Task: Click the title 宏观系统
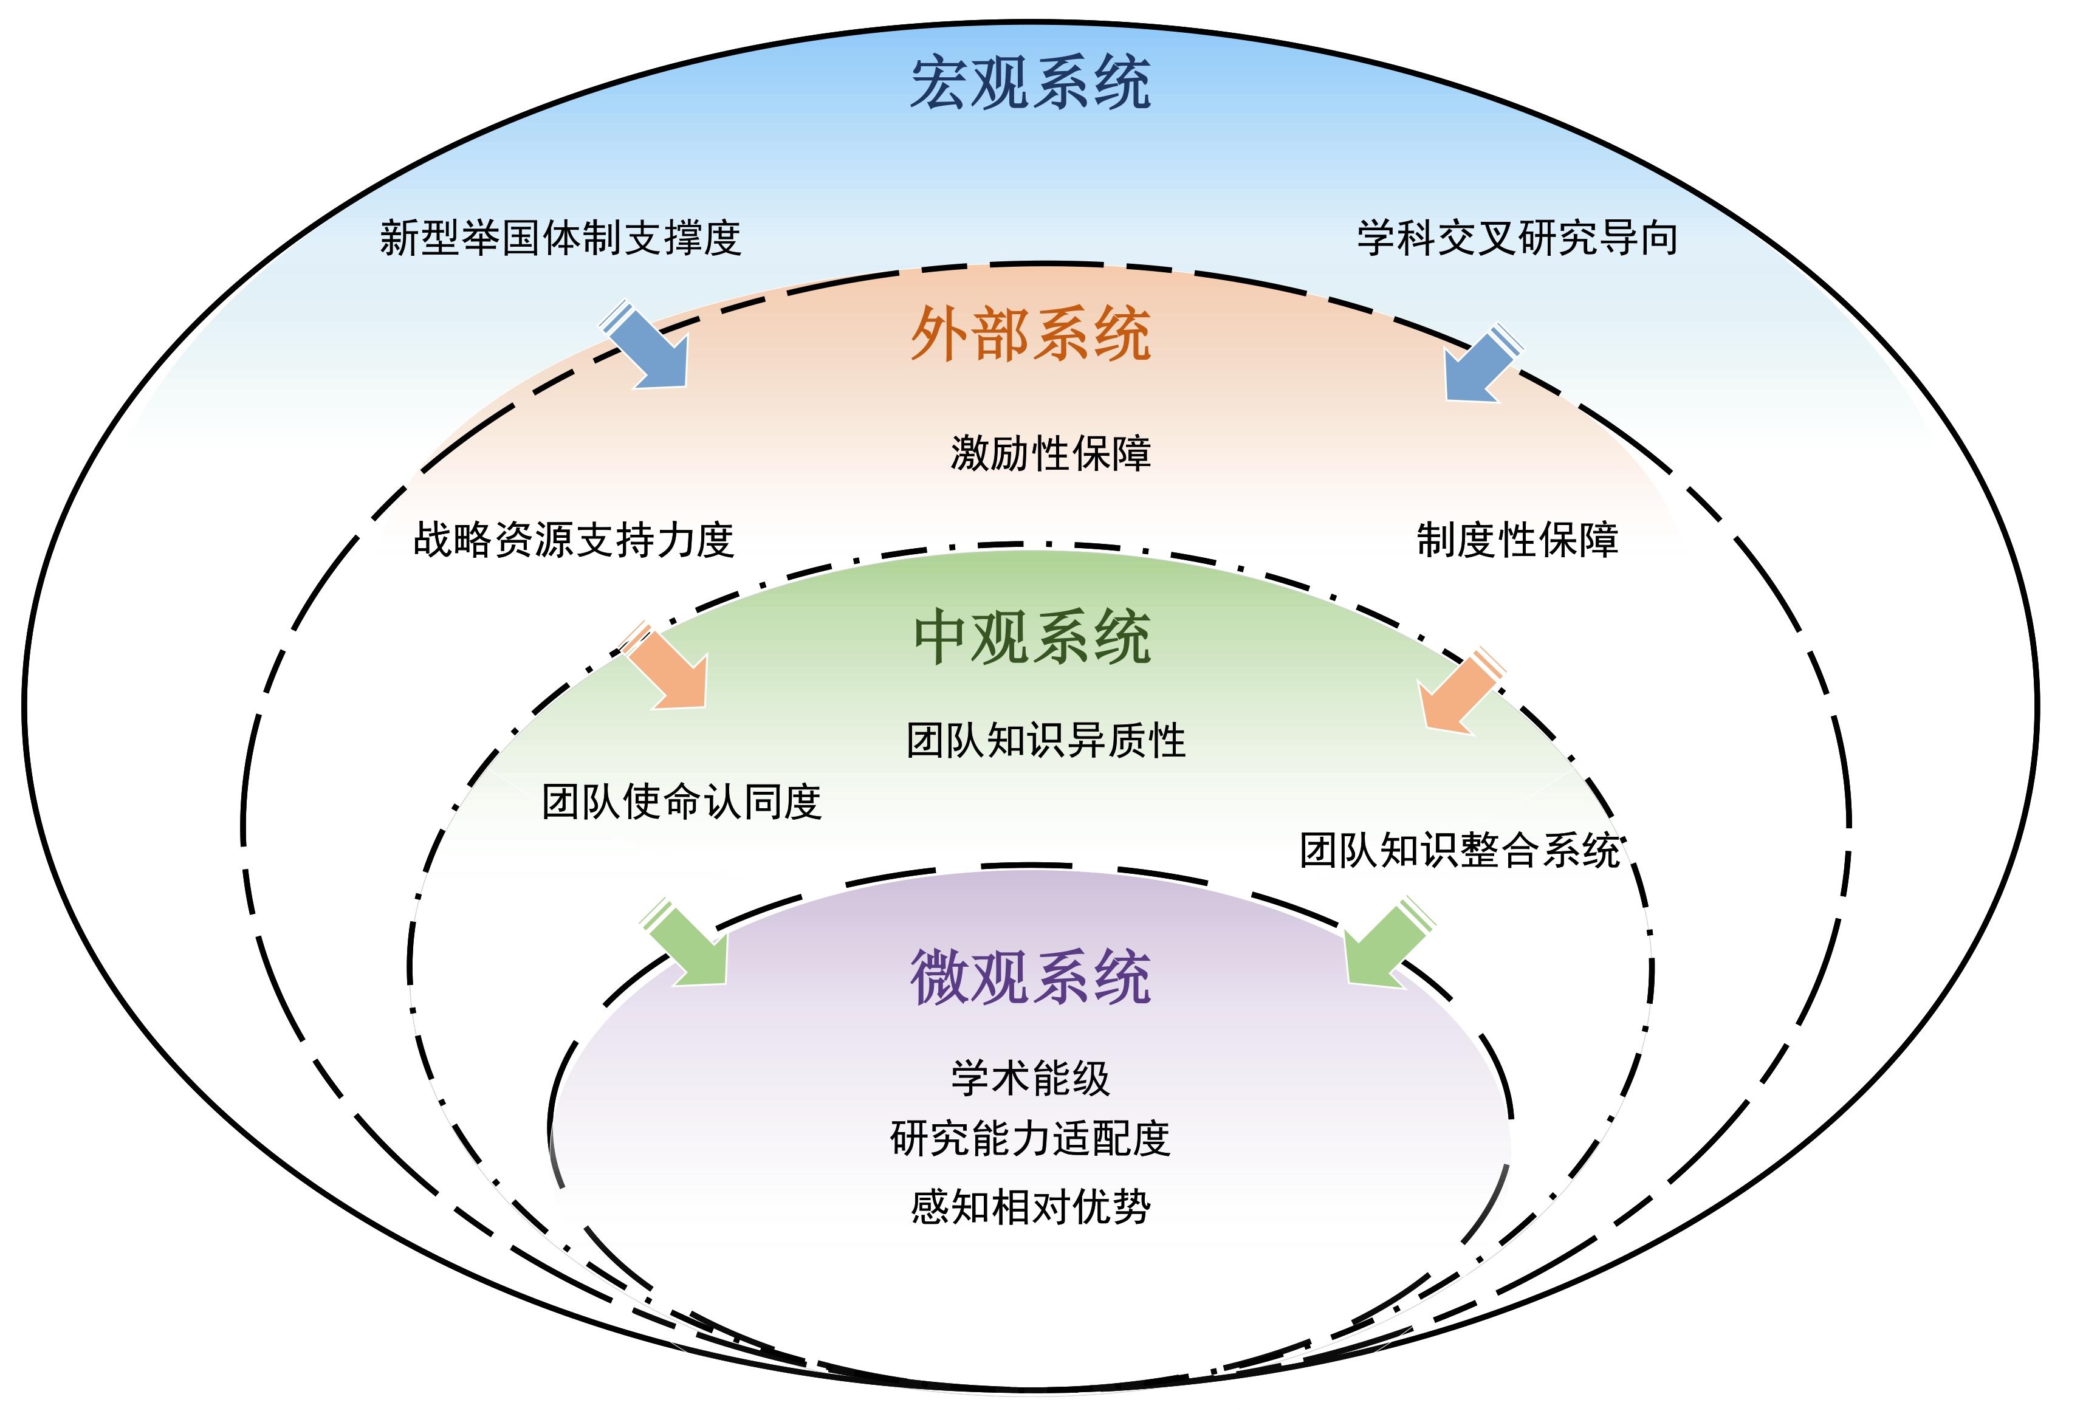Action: [1030, 83]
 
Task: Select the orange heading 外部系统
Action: [1030, 334]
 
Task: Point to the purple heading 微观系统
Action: [1030, 977]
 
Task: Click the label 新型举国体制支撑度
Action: [560, 238]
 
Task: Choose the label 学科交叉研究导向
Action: [1517, 238]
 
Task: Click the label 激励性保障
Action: [1051, 453]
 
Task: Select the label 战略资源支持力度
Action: [574, 540]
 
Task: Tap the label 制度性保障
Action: [1517, 540]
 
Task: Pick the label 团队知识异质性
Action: [1046, 741]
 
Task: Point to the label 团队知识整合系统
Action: [1459, 850]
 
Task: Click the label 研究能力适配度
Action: [1030, 1139]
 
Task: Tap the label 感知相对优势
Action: [1030, 1207]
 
